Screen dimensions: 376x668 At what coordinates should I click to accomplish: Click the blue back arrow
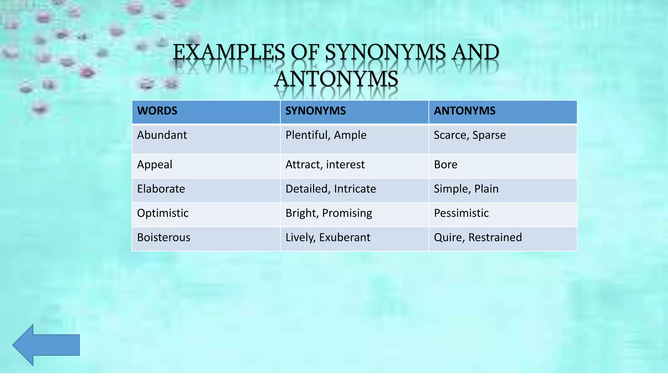click(x=46, y=345)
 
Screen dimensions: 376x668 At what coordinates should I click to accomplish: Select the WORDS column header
click(x=157, y=111)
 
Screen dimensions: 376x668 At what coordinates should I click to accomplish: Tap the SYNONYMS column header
click(x=315, y=111)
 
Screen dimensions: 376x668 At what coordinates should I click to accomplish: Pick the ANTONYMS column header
click(x=464, y=111)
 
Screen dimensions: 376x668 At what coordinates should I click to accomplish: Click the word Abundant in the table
click(x=162, y=135)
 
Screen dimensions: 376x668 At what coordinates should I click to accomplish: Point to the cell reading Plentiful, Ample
click(x=326, y=135)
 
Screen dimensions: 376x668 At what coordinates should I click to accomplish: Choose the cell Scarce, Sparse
click(x=470, y=135)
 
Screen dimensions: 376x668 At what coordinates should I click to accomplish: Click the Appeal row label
click(x=155, y=164)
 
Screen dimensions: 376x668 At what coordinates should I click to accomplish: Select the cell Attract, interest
click(x=325, y=164)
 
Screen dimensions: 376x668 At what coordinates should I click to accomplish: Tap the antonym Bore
click(x=446, y=164)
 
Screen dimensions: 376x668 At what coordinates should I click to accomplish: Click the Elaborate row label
click(x=161, y=189)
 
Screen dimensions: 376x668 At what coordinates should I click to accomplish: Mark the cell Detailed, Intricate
click(x=331, y=189)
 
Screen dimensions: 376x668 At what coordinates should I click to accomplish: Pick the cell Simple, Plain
click(x=466, y=189)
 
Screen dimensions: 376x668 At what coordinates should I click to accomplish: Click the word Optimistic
click(x=163, y=213)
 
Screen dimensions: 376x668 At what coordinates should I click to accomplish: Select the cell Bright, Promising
click(x=329, y=213)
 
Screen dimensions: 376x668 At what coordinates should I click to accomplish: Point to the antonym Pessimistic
click(x=461, y=213)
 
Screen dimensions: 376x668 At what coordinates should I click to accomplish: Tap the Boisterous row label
click(x=163, y=237)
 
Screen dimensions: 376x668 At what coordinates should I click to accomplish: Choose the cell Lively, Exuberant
click(x=328, y=237)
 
